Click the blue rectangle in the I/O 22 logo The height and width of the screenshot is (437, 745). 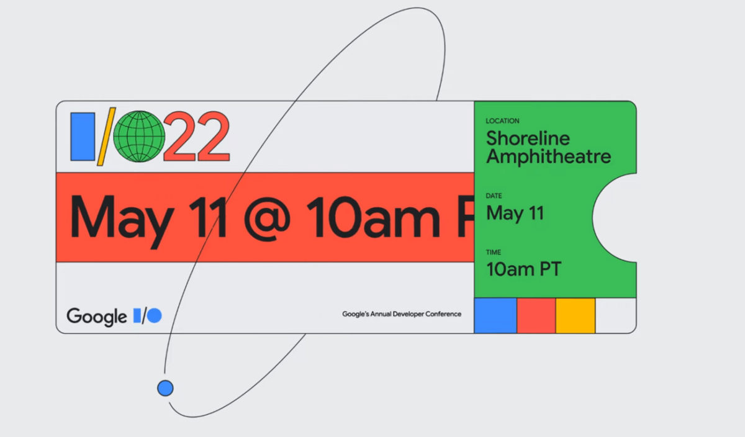[x=83, y=137]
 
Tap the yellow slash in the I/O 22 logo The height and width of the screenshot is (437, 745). [x=106, y=137]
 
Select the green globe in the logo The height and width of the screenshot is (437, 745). [x=139, y=137]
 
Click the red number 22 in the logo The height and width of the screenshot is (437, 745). [x=197, y=137]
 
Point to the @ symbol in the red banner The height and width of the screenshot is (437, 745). [x=267, y=218]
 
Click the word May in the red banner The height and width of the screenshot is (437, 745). [x=122, y=220]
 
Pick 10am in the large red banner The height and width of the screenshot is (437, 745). [x=373, y=218]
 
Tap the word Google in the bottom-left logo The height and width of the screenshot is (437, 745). [x=97, y=317]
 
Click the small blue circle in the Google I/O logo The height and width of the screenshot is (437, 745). [x=155, y=315]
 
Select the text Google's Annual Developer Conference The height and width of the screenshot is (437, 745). [x=402, y=314]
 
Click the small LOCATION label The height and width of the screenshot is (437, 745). [x=502, y=121]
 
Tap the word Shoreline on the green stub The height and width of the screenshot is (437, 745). [x=528, y=138]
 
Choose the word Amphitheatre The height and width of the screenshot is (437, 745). [x=549, y=156]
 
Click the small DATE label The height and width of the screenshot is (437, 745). [x=494, y=196]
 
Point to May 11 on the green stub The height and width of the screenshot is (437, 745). [x=515, y=214]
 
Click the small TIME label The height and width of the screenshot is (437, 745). [x=493, y=253]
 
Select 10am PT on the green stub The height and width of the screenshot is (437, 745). [x=524, y=269]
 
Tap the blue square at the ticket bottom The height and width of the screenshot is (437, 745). [x=495, y=315]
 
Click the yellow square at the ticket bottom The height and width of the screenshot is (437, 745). [x=576, y=315]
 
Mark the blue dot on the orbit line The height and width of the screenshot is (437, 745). [x=165, y=388]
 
